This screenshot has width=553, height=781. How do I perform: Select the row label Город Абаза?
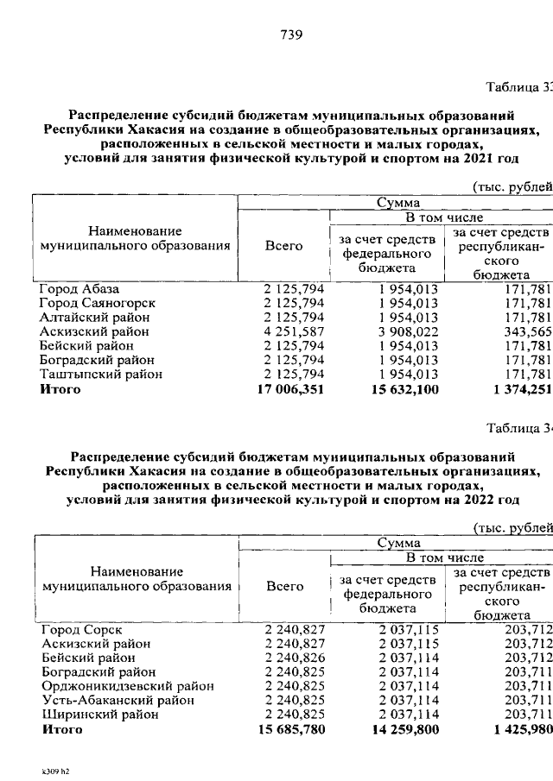point(79,288)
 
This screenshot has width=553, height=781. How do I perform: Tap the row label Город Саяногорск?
point(97,303)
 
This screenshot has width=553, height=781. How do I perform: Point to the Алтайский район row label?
point(94,318)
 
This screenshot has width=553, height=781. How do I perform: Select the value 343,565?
point(528,331)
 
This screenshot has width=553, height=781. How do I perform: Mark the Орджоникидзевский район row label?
point(127,686)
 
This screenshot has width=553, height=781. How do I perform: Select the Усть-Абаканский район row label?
point(117,700)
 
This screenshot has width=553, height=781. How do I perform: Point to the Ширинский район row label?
point(99,715)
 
